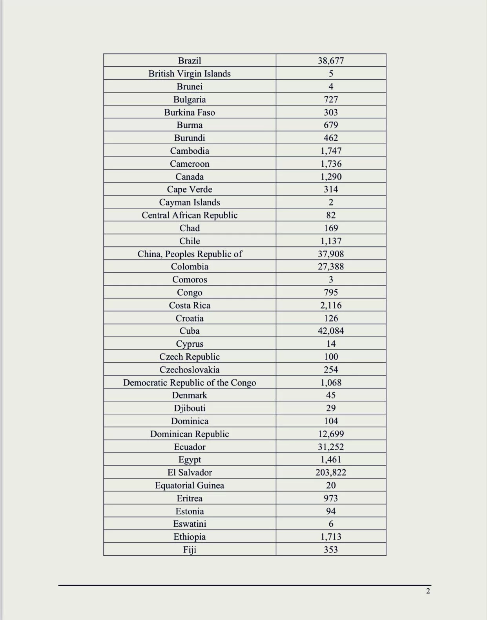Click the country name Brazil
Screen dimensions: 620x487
click(x=190, y=60)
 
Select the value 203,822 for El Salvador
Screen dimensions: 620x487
click(x=331, y=472)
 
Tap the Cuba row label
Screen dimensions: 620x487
click(x=190, y=331)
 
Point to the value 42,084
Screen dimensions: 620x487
click(x=331, y=331)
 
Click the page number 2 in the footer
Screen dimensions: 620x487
click(x=428, y=591)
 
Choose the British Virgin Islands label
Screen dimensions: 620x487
click(x=190, y=73)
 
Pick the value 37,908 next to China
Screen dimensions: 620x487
click(x=331, y=254)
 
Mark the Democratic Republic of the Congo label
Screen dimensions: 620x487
click(x=190, y=382)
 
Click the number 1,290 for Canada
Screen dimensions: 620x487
click(x=331, y=176)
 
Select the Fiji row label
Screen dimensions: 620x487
click(x=190, y=549)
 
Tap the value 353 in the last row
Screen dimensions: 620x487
click(x=331, y=549)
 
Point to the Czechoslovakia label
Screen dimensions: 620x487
click(x=190, y=369)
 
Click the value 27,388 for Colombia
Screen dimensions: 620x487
click(x=331, y=266)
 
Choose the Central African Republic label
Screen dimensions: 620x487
click(x=190, y=215)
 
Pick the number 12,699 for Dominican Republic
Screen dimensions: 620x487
click(x=331, y=434)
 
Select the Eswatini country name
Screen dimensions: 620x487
click(x=190, y=524)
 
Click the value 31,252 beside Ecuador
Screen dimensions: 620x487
click(x=331, y=447)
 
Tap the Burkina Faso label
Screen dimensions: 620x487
click(x=190, y=112)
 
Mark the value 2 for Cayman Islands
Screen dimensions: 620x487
click(x=331, y=202)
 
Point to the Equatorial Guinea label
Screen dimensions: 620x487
click(x=190, y=485)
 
